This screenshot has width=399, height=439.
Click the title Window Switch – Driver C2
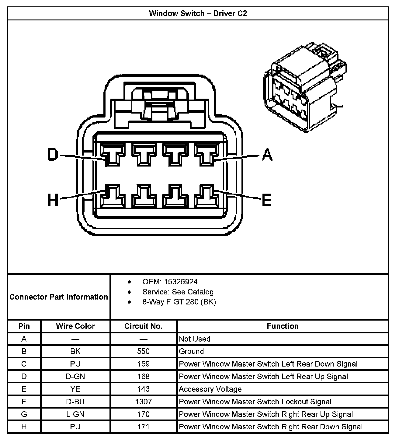pyautogui.click(x=198, y=14)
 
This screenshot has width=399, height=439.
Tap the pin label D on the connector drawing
pyautogui.click(x=53, y=154)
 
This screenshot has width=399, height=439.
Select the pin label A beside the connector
pyautogui.click(x=267, y=154)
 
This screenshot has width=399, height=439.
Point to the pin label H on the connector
pyautogui.click(x=53, y=200)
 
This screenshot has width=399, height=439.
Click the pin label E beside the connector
pyautogui.click(x=266, y=200)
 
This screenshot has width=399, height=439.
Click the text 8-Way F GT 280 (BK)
pyautogui.click(x=179, y=302)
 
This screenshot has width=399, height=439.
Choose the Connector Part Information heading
pyautogui.click(x=59, y=297)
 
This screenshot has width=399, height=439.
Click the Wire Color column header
pyautogui.click(x=75, y=326)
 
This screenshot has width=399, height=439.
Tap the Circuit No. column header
pyautogui.click(x=143, y=326)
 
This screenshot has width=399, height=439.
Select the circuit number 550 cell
pyautogui.click(x=143, y=351)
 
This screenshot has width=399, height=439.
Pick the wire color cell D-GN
pyautogui.click(x=75, y=377)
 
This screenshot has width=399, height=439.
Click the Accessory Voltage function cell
pyautogui.click(x=210, y=389)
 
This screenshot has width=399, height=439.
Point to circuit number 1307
pyautogui.click(x=143, y=402)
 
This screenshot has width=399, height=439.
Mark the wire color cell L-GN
pyautogui.click(x=75, y=414)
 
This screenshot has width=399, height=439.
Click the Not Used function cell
pyautogui.click(x=195, y=339)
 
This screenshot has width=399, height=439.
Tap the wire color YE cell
pyautogui.click(x=75, y=389)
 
